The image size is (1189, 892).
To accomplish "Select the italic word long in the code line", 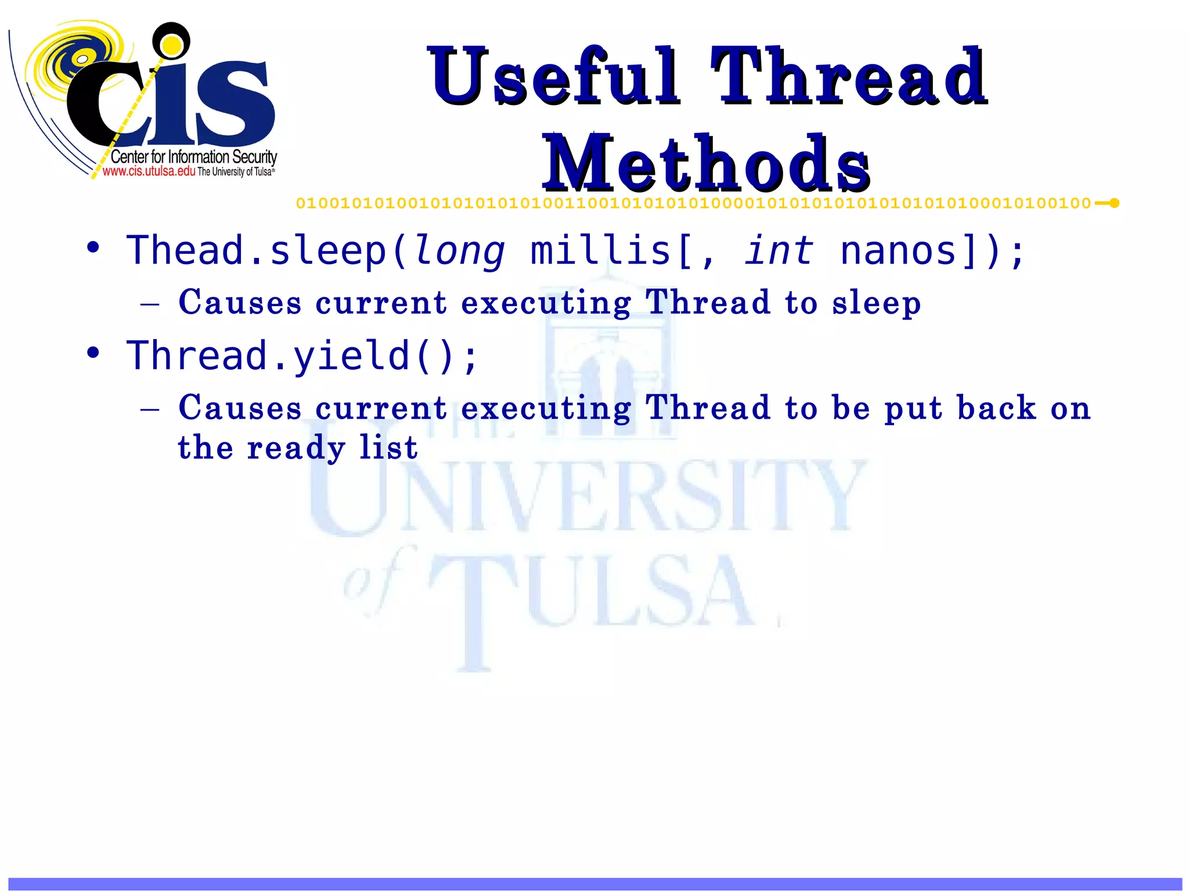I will [460, 251].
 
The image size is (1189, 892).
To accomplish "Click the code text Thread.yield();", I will [302, 355].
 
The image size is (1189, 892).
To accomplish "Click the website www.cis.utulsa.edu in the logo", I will [149, 171].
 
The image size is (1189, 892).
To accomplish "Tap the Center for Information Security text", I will [193, 157].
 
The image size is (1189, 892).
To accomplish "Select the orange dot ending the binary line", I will [1114, 203].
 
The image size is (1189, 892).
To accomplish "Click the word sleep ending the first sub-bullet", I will [876, 304].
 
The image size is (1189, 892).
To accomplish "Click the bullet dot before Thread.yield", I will [93, 353].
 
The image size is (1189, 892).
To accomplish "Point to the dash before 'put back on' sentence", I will [150, 409].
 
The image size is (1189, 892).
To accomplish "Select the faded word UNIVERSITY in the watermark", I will [586, 497].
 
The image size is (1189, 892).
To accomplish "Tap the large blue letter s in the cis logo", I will [235, 105].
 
